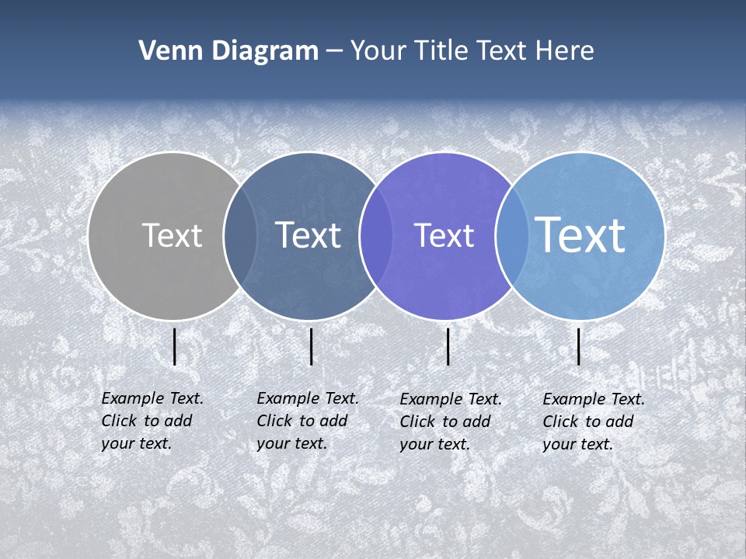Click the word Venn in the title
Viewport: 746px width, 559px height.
coord(165,51)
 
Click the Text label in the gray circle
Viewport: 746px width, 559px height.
coord(172,235)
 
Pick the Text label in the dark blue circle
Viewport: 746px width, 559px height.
coord(308,235)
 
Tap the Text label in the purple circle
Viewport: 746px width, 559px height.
coord(444,236)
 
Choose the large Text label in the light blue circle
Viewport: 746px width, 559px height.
coord(580,234)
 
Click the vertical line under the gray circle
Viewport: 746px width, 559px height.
coord(175,346)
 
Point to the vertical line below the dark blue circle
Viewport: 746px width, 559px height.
coord(311,346)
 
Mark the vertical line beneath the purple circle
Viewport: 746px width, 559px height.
coord(448,346)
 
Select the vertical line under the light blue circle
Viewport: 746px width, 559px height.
coord(579,346)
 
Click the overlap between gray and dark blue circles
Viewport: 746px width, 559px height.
coord(241,236)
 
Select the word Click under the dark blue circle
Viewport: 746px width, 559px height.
coord(274,421)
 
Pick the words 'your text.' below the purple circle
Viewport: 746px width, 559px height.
coord(434,444)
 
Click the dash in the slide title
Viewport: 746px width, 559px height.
coord(334,51)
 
